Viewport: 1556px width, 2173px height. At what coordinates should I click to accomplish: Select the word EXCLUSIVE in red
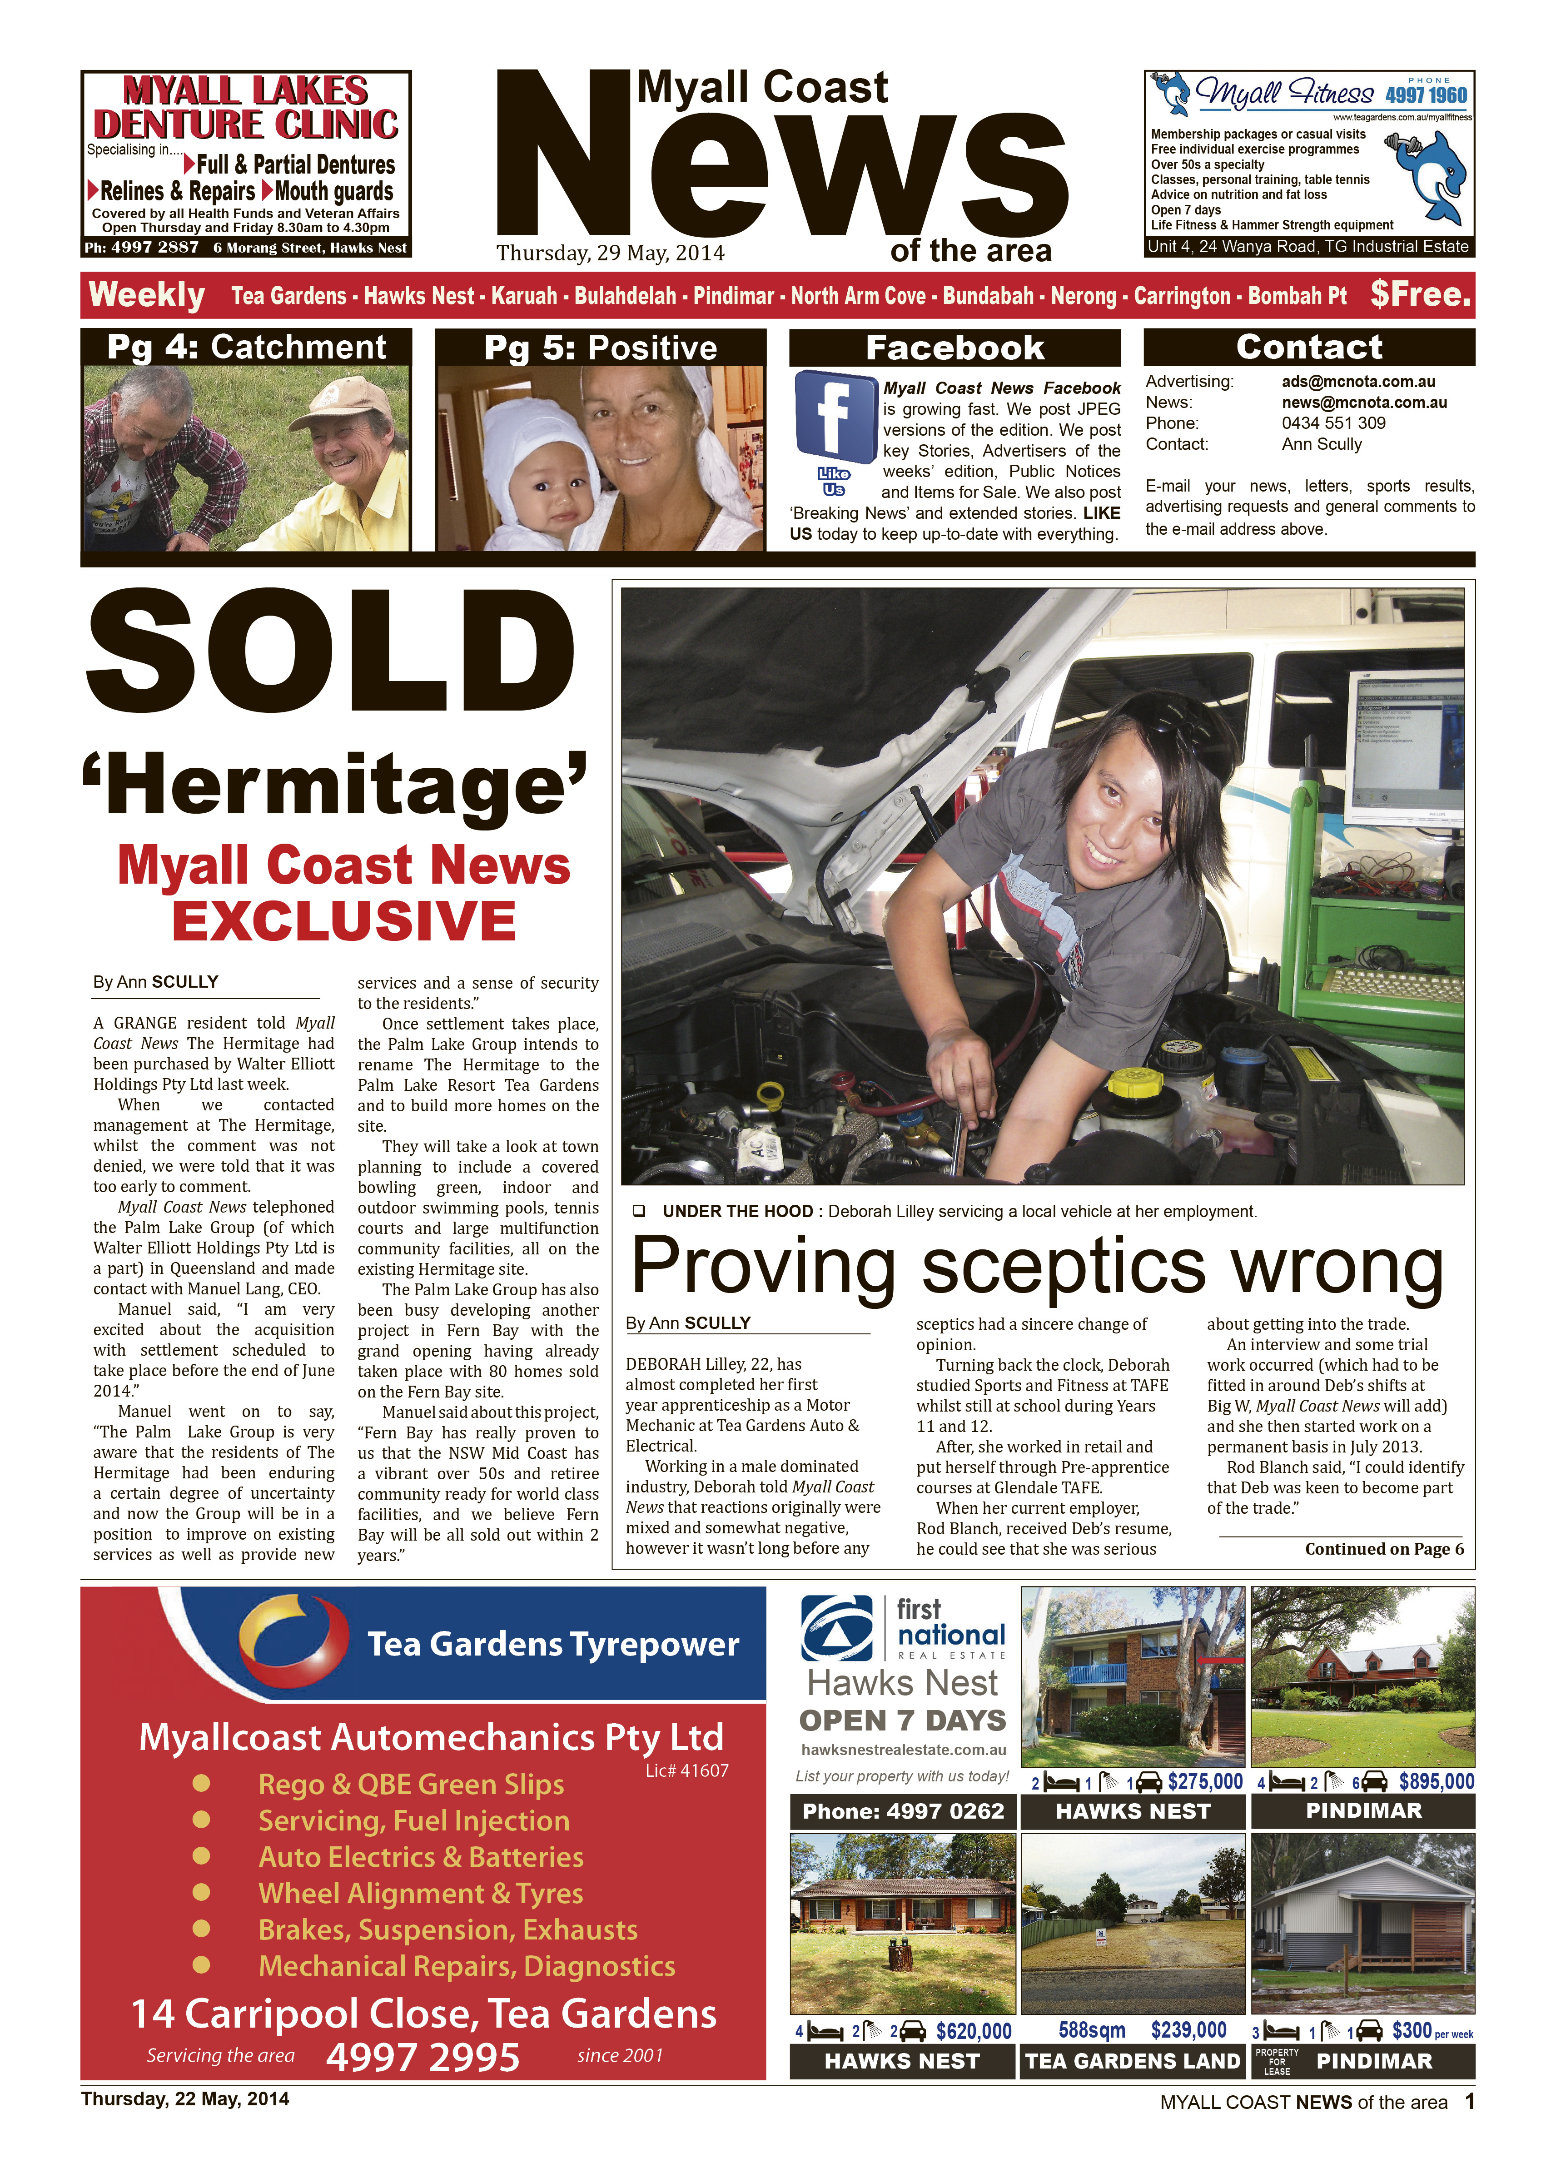(344, 921)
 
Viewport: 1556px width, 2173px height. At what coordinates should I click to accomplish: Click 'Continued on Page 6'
(1383, 1549)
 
